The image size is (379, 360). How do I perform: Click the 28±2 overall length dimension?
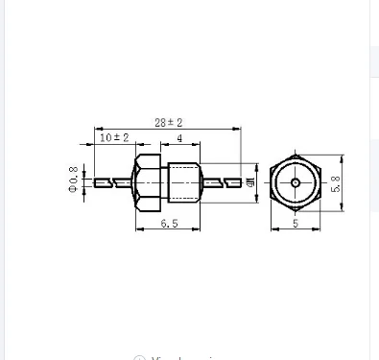(169, 122)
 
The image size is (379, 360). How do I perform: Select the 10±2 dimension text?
(114, 138)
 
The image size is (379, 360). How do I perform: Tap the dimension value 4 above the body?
(180, 138)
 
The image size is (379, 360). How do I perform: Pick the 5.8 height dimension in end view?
(337, 181)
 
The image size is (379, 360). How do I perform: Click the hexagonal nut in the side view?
(149, 180)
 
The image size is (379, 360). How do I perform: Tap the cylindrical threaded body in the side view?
(183, 180)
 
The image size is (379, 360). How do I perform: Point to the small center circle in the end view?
(295, 181)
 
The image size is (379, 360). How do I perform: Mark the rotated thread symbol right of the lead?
(249, 181)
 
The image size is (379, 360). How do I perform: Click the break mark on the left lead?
(117, 181)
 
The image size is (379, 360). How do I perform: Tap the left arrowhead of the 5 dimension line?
(272, 230)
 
